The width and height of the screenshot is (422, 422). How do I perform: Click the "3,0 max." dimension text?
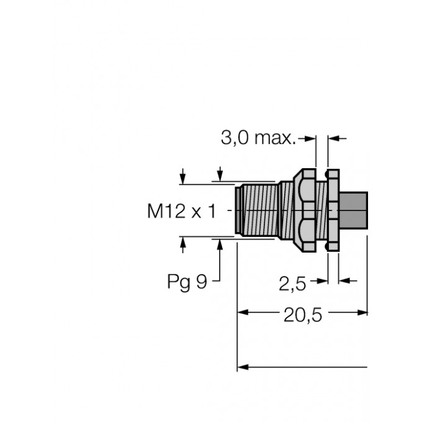point(258,138)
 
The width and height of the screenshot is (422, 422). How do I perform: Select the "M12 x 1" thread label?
point(181,212)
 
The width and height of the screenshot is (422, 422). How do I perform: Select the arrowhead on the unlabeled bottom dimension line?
point(244,367)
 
